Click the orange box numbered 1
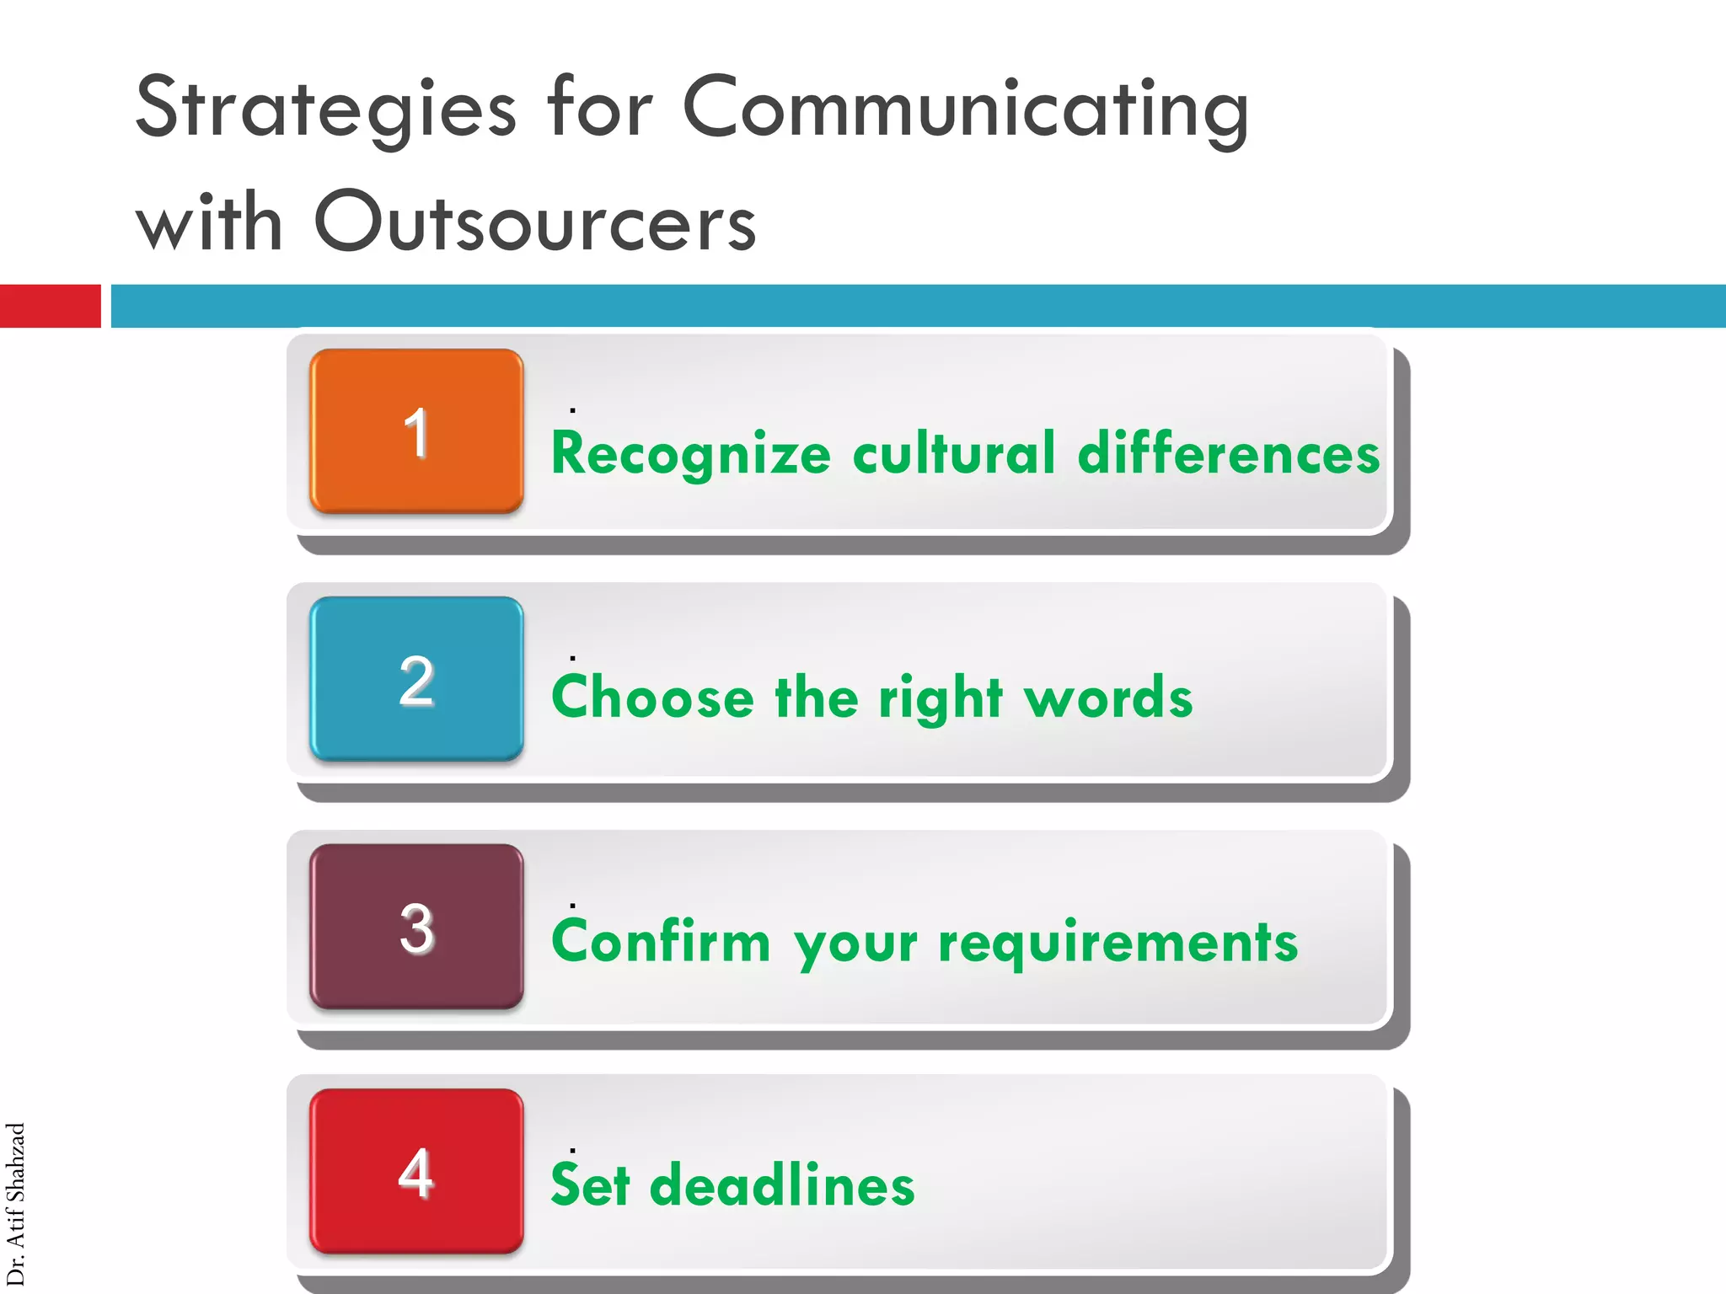click(416, 431)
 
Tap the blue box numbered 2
click(416, 679)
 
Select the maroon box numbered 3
click(416, 927)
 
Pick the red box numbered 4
click(416, 1171)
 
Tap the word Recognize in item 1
click(690, 453)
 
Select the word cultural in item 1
click(954, 453)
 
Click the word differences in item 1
click(1228, 453)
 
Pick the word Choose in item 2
click(652, 698)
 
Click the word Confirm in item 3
click(661, 942)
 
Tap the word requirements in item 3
click(1118, 942)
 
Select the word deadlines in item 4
click(781, 1184)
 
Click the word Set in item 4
click(590, 1184)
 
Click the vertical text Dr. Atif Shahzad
click(15, 1205)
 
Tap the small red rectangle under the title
click(50, 306)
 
